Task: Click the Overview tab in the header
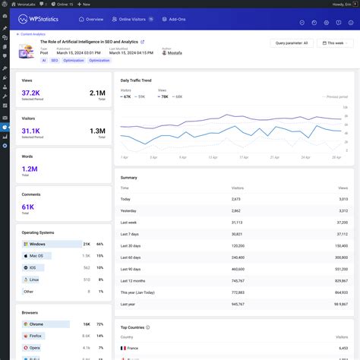(91, 19)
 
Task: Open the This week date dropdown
(334, 43)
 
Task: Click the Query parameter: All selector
(291, 43)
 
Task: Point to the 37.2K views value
(31, 93)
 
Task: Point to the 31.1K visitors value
(31, 131)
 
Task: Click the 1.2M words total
(30, 169)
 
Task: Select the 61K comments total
(28, 206)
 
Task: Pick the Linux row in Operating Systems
(34, 279)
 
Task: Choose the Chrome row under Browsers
(36, 324)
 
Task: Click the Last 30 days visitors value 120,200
(237, 246)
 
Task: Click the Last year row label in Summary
(127, 303)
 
